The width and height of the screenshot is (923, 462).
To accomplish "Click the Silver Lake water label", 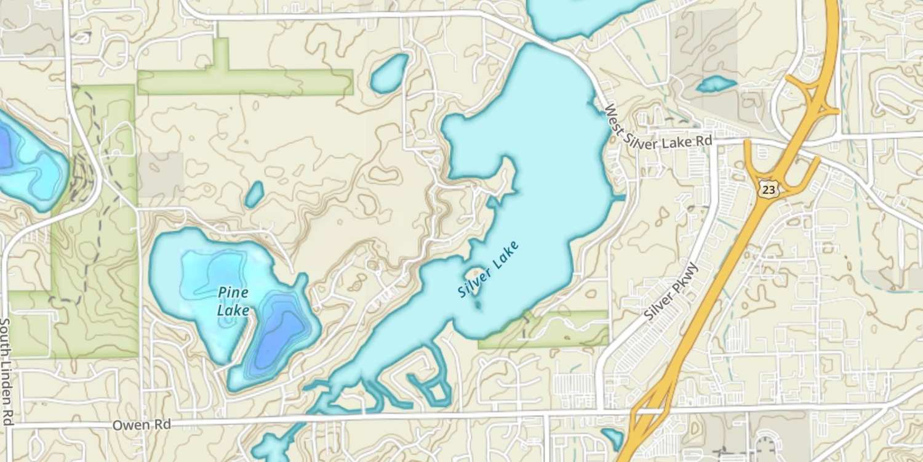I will pyautogui.click(x=489, y=270).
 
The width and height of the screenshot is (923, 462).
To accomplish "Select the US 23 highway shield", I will pyautogui.click(x=767, y=189).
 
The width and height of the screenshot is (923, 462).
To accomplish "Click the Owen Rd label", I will pyautogui.click(x=141, y=425).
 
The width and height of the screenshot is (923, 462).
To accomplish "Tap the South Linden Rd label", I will pyautogui.click(x=6, y=371).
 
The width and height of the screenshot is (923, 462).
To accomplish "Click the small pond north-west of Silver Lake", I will pyautogui.click(x=389, y=73).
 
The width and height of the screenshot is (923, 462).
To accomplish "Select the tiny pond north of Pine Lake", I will pyautogui.click(x=254, y=194).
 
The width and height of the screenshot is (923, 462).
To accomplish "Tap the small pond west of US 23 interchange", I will pyautogui.click(x=716, y=84).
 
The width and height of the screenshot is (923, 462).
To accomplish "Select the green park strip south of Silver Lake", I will pyautogui.click(x=554, y=330).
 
